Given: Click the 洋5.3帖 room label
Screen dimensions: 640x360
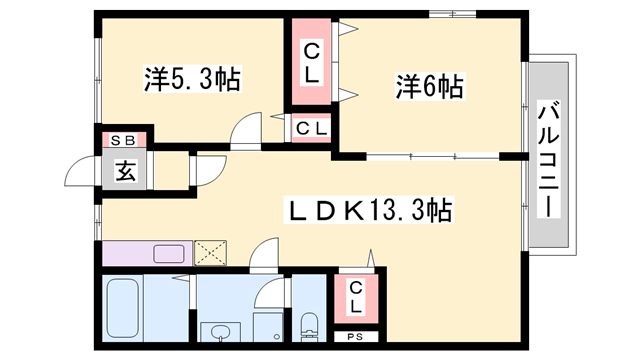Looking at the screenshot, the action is click(192, 79).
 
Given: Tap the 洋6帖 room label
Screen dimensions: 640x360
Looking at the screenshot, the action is click(429, 86).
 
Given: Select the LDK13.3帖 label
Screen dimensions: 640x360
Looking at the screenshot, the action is click(369, 210).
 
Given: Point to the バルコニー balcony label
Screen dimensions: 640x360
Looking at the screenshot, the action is click(548, 160).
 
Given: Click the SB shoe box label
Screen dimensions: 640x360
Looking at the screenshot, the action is click(123, 141).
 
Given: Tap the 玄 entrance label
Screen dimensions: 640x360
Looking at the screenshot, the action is click(125, 171).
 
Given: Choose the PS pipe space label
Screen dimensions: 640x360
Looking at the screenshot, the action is click(355, 337).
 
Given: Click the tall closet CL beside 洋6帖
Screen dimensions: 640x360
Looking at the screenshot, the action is click(311, 61).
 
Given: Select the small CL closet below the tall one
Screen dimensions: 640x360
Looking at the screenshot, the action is click(311, 129).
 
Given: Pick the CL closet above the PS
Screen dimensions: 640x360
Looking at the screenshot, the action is click(356, 298).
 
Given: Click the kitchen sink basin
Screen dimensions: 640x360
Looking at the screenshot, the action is click(169, 253).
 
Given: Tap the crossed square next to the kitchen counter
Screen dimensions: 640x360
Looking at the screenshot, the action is click(210, 253).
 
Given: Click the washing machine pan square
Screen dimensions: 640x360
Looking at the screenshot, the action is click(268, 327).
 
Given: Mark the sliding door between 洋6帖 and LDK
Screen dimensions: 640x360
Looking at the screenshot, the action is click(433, 156).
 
